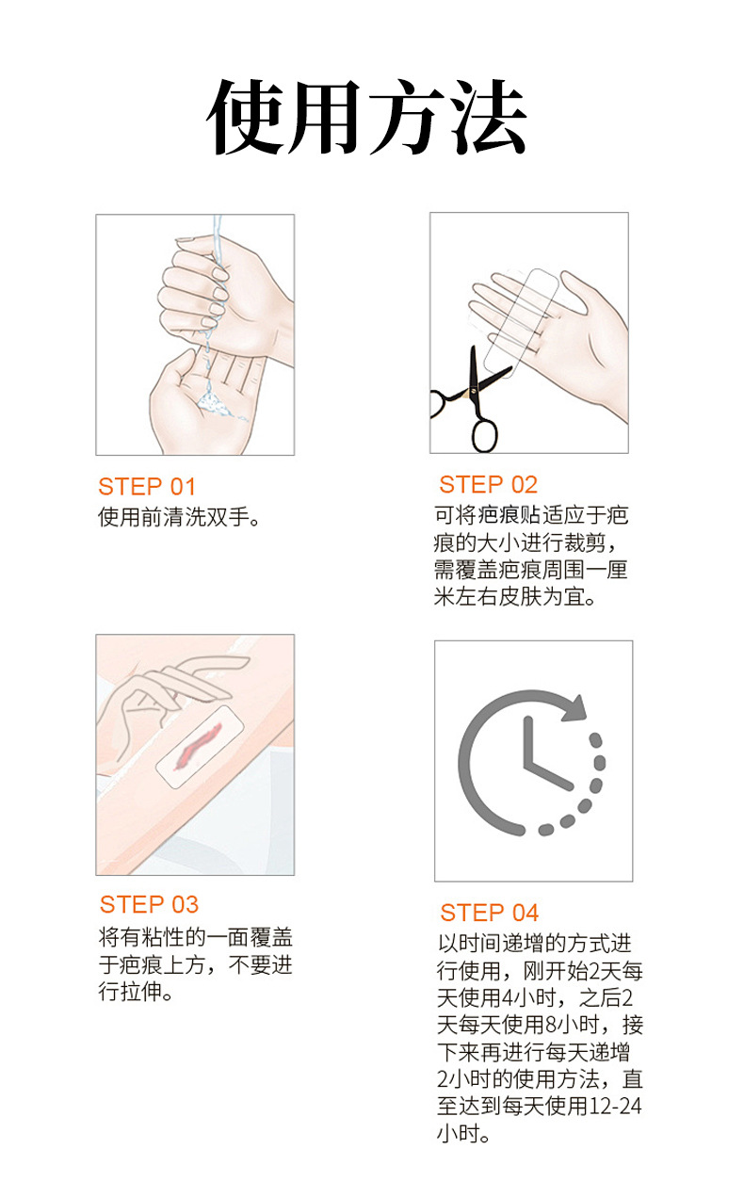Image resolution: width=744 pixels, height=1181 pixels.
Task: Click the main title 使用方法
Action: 367,117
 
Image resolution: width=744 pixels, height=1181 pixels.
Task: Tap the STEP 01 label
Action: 147,487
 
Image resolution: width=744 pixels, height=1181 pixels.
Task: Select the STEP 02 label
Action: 488,484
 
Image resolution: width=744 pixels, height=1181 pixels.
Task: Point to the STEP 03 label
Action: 149,905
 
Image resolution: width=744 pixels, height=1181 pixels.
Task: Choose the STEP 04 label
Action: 490,914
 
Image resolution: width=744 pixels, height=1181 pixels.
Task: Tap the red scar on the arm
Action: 199,746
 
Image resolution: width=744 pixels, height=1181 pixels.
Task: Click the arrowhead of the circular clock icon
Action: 574,708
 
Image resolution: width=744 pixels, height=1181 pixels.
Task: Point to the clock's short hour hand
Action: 548,775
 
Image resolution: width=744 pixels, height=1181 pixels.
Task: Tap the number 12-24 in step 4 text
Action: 615,1105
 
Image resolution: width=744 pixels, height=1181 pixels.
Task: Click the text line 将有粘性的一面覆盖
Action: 196,938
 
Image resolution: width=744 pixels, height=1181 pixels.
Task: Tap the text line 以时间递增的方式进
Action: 535,944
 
